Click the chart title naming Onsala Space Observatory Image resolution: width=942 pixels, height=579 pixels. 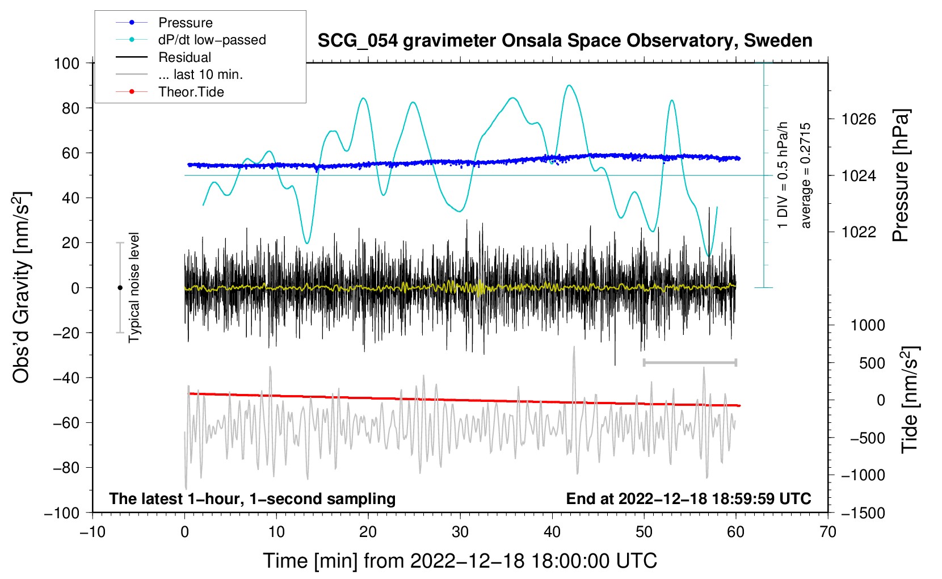(x=565, y=41)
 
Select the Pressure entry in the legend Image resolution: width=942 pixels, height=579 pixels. (x=185, y=23)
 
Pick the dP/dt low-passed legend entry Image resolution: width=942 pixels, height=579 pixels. (x=212, y=40)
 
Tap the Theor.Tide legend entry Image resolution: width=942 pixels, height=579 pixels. (x=191, y=92)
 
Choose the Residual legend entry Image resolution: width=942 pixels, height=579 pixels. (x=184, y=57)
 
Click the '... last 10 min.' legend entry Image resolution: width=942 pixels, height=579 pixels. (x=200, y=74)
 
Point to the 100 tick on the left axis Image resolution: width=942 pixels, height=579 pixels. (x=66, y=63)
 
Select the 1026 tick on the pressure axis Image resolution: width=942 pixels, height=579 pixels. (x=859, y=119)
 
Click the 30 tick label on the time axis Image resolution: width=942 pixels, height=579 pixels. (x=460, y=532)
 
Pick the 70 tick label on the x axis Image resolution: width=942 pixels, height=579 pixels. (x=828, y=532)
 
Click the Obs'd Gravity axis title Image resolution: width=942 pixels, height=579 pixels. (x=21, y=287)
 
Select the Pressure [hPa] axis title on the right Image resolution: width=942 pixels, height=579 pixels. (x=901, y=176)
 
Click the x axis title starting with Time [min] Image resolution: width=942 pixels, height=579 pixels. (x=460, y=561)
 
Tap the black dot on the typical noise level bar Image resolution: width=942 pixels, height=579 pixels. (x=120, y=288)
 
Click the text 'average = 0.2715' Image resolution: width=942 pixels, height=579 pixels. (x=806, y=176)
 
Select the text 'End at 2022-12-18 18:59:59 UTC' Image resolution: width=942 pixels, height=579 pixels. (x=688, y=499)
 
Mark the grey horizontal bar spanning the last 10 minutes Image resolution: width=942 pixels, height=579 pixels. (x=689, y=362)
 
